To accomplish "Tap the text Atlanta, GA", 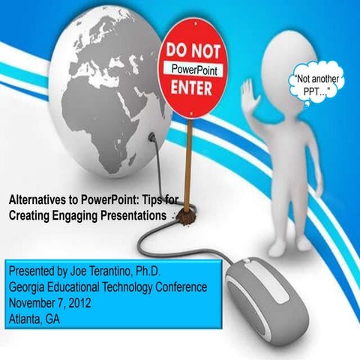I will click(37, 317).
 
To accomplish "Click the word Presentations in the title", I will click(137, 215).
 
